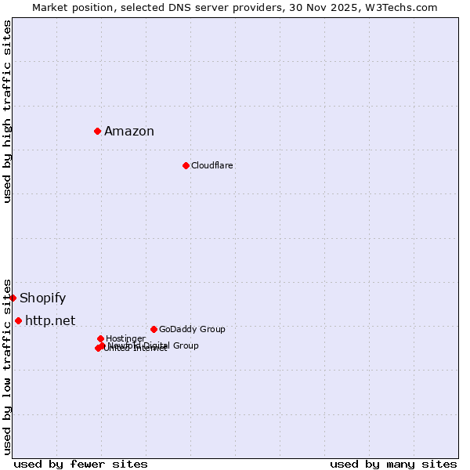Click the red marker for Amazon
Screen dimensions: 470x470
pos(97,131)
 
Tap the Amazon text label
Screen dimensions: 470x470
pos(129,132)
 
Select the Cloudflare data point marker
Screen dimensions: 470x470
pos(186,165)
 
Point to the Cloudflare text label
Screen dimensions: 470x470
pos(212,166)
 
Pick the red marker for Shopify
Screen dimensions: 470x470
pos(13,298)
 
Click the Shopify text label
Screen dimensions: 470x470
pos(43,298)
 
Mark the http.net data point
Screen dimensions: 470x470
pos(18,320)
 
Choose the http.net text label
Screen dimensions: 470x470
pos(50,321)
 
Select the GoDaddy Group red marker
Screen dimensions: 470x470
pos(154,329)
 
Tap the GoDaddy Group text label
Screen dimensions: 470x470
pos(192,330)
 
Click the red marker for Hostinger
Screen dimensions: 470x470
pos(100,338)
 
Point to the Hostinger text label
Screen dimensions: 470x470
pos(125,339)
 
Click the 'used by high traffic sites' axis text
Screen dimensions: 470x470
pos(7,111)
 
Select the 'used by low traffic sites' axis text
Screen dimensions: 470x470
pos(7,366)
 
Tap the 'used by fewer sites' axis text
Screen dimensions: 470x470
pos(81,464)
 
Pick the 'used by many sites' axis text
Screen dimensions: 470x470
pos(393,464)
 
